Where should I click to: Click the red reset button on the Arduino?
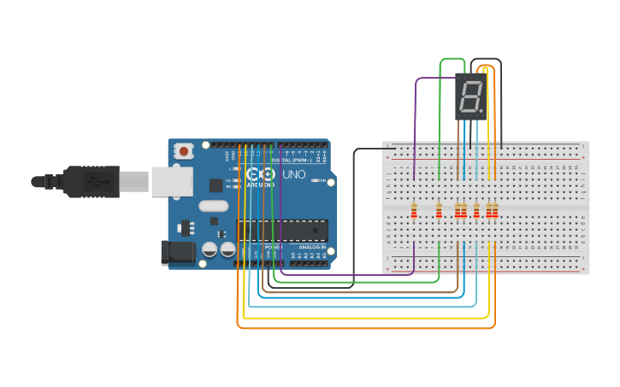[x=183, y=151]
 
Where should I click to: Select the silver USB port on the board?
[x=170, y=181]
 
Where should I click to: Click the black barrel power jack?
[x=177, y=251]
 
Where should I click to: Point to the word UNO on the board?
[x=294, y=174]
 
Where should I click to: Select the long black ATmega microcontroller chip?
[x=282, y=231]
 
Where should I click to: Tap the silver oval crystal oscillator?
[x=214, y=206]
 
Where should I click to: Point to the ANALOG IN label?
[x=311, y=246]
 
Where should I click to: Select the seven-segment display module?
[x=471, y=96]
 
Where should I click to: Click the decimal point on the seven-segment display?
[x=484, y=111]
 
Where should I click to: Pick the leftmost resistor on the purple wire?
[x=415, y=210]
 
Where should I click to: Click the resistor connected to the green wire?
[x=440, y=210]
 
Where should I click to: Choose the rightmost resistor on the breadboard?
[x=494, y=210]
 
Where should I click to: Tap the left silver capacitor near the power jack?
[x=210, y=249]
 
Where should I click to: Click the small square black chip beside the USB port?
[x=216, y=185]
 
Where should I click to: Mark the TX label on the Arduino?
[x=228, y=179]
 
